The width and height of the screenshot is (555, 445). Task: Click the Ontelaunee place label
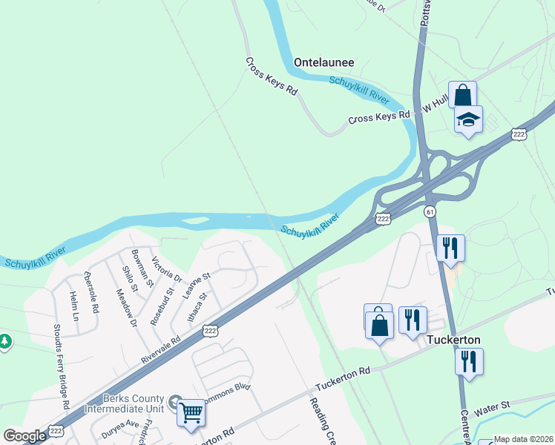pyautogui.click(x=324, y=63)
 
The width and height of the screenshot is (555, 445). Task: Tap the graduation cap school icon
pyautogui.click(x=468, y=120)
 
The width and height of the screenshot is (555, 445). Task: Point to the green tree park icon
pyautogui.click(x=5, y=342)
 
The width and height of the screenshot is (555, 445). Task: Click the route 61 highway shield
pyautogui.click(x=430, y=212)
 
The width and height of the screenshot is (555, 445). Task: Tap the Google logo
pyautogui.click(x=24, y=436)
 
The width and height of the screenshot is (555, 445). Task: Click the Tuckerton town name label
pyautogui.click(x=453, y=340)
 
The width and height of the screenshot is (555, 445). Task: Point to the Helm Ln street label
pyautogui.click(x=73, y=306)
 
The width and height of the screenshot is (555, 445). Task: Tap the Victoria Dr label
pyautogui.click(x=166, y=269)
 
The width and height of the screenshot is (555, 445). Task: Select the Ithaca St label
pyautogui.click(x=195, y=306)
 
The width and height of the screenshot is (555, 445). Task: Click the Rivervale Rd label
pyautogui.click(x=161, y=351)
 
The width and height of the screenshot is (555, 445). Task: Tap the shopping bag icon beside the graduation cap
pyautogui.click(x=462, y=96)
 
